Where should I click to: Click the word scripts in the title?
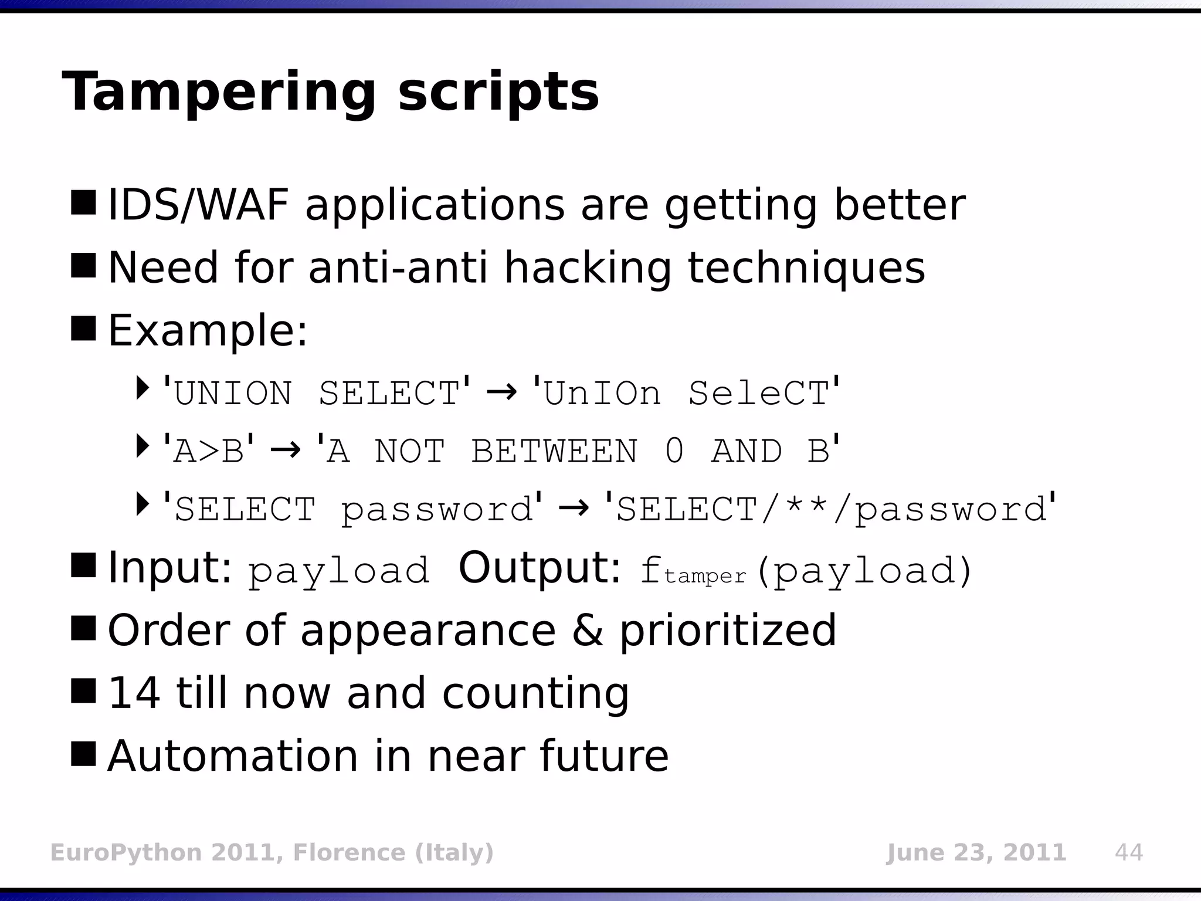tap(498, 93)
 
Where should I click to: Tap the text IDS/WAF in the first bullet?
tap(198, 205)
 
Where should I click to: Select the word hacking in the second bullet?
tap(587, 268)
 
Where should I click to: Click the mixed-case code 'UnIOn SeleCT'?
tap(686, 392)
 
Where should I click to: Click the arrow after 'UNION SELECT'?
tap(501, 392)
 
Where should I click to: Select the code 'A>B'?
tap(209, 450)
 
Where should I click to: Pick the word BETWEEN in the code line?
tap(554, 451)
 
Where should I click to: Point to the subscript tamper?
tap(705, 576)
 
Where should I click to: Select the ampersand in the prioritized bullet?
tap(587, 630)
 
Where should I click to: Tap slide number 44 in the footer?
tap(1129, 852)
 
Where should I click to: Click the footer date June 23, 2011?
tap(976, 852)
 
